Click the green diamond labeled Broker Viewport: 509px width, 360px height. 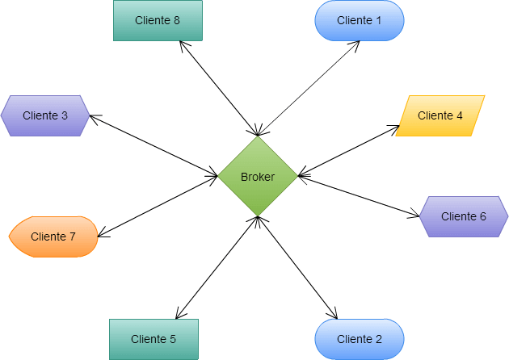(x=258, y=176)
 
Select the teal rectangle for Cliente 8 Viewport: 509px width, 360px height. (x=158, y=20)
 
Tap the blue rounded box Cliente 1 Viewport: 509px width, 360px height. (x=359, y=20)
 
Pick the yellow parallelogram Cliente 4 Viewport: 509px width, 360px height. (x=440, y=115)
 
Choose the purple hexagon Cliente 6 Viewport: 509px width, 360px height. (x=464, y=216)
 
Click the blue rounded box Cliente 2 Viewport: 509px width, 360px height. (x=359, y=339)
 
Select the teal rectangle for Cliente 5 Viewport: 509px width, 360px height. (x=154, y=339)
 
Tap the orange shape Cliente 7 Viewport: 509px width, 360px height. (x=53, y=237)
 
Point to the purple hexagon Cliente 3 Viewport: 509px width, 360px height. (x=45, y=115)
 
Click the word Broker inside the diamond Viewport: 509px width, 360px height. (x=258, y=177)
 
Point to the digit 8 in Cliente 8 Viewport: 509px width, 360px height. (x=177, y=20)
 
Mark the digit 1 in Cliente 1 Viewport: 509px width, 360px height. (x=378, y=20)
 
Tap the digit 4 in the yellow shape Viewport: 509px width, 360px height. (x=460, y=115)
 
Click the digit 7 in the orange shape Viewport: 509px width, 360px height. (x=73, y=237)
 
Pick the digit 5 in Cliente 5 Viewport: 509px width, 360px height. (x=173, y=339)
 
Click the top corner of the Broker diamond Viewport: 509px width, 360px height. (x=258, y=137)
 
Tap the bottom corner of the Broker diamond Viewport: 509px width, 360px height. (x=258, y=216)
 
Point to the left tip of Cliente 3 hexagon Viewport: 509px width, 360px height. (x=2, y=115)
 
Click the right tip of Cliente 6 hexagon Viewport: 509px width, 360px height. (x=507, y=216)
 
